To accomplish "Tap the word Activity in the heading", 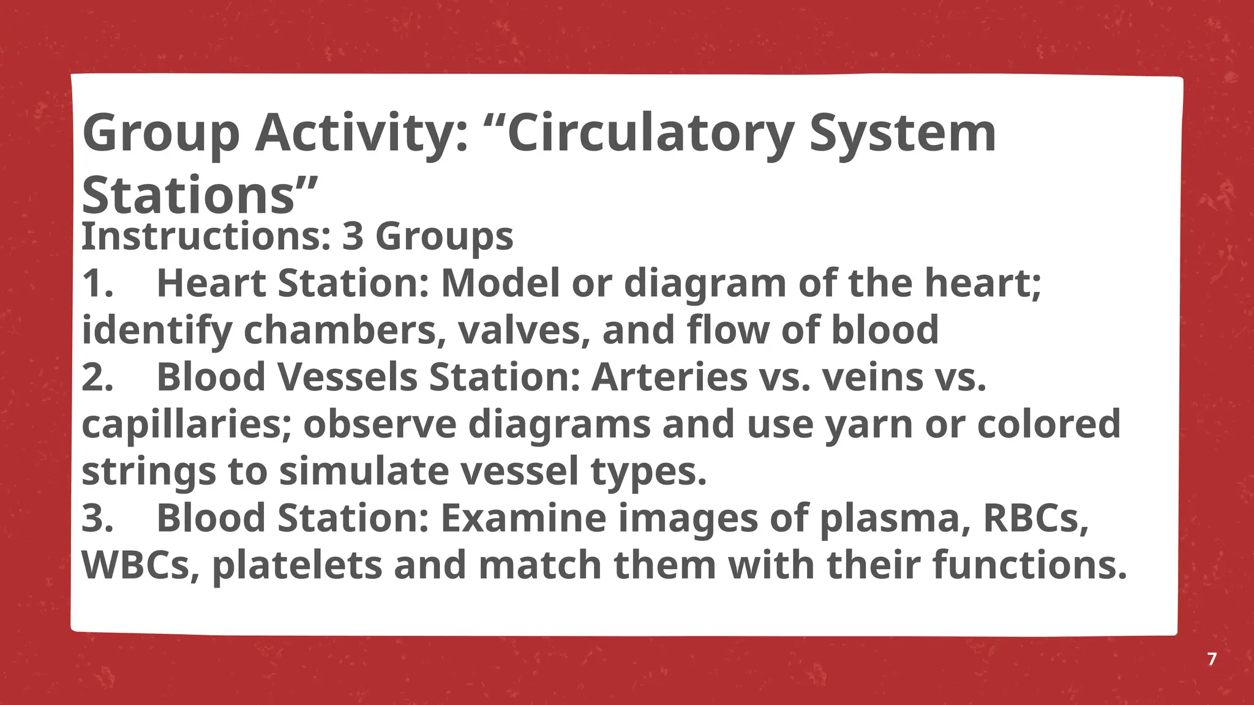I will pos(361,133).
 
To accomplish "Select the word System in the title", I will pos(903,133).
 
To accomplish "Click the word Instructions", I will pos(206,236).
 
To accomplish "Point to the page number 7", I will pos(1212,659).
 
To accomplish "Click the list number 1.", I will pos(97,284).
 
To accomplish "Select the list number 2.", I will pos(97,377).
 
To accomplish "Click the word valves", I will pos(524,330).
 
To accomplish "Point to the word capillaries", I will pos(186,424).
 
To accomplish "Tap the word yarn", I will pos(869,424).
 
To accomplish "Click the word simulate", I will pos(364,471).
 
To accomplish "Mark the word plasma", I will pos(895,518).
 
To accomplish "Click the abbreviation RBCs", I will pos(1035,518).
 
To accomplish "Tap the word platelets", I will pos(297,565).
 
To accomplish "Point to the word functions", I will pos(1029,565).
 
